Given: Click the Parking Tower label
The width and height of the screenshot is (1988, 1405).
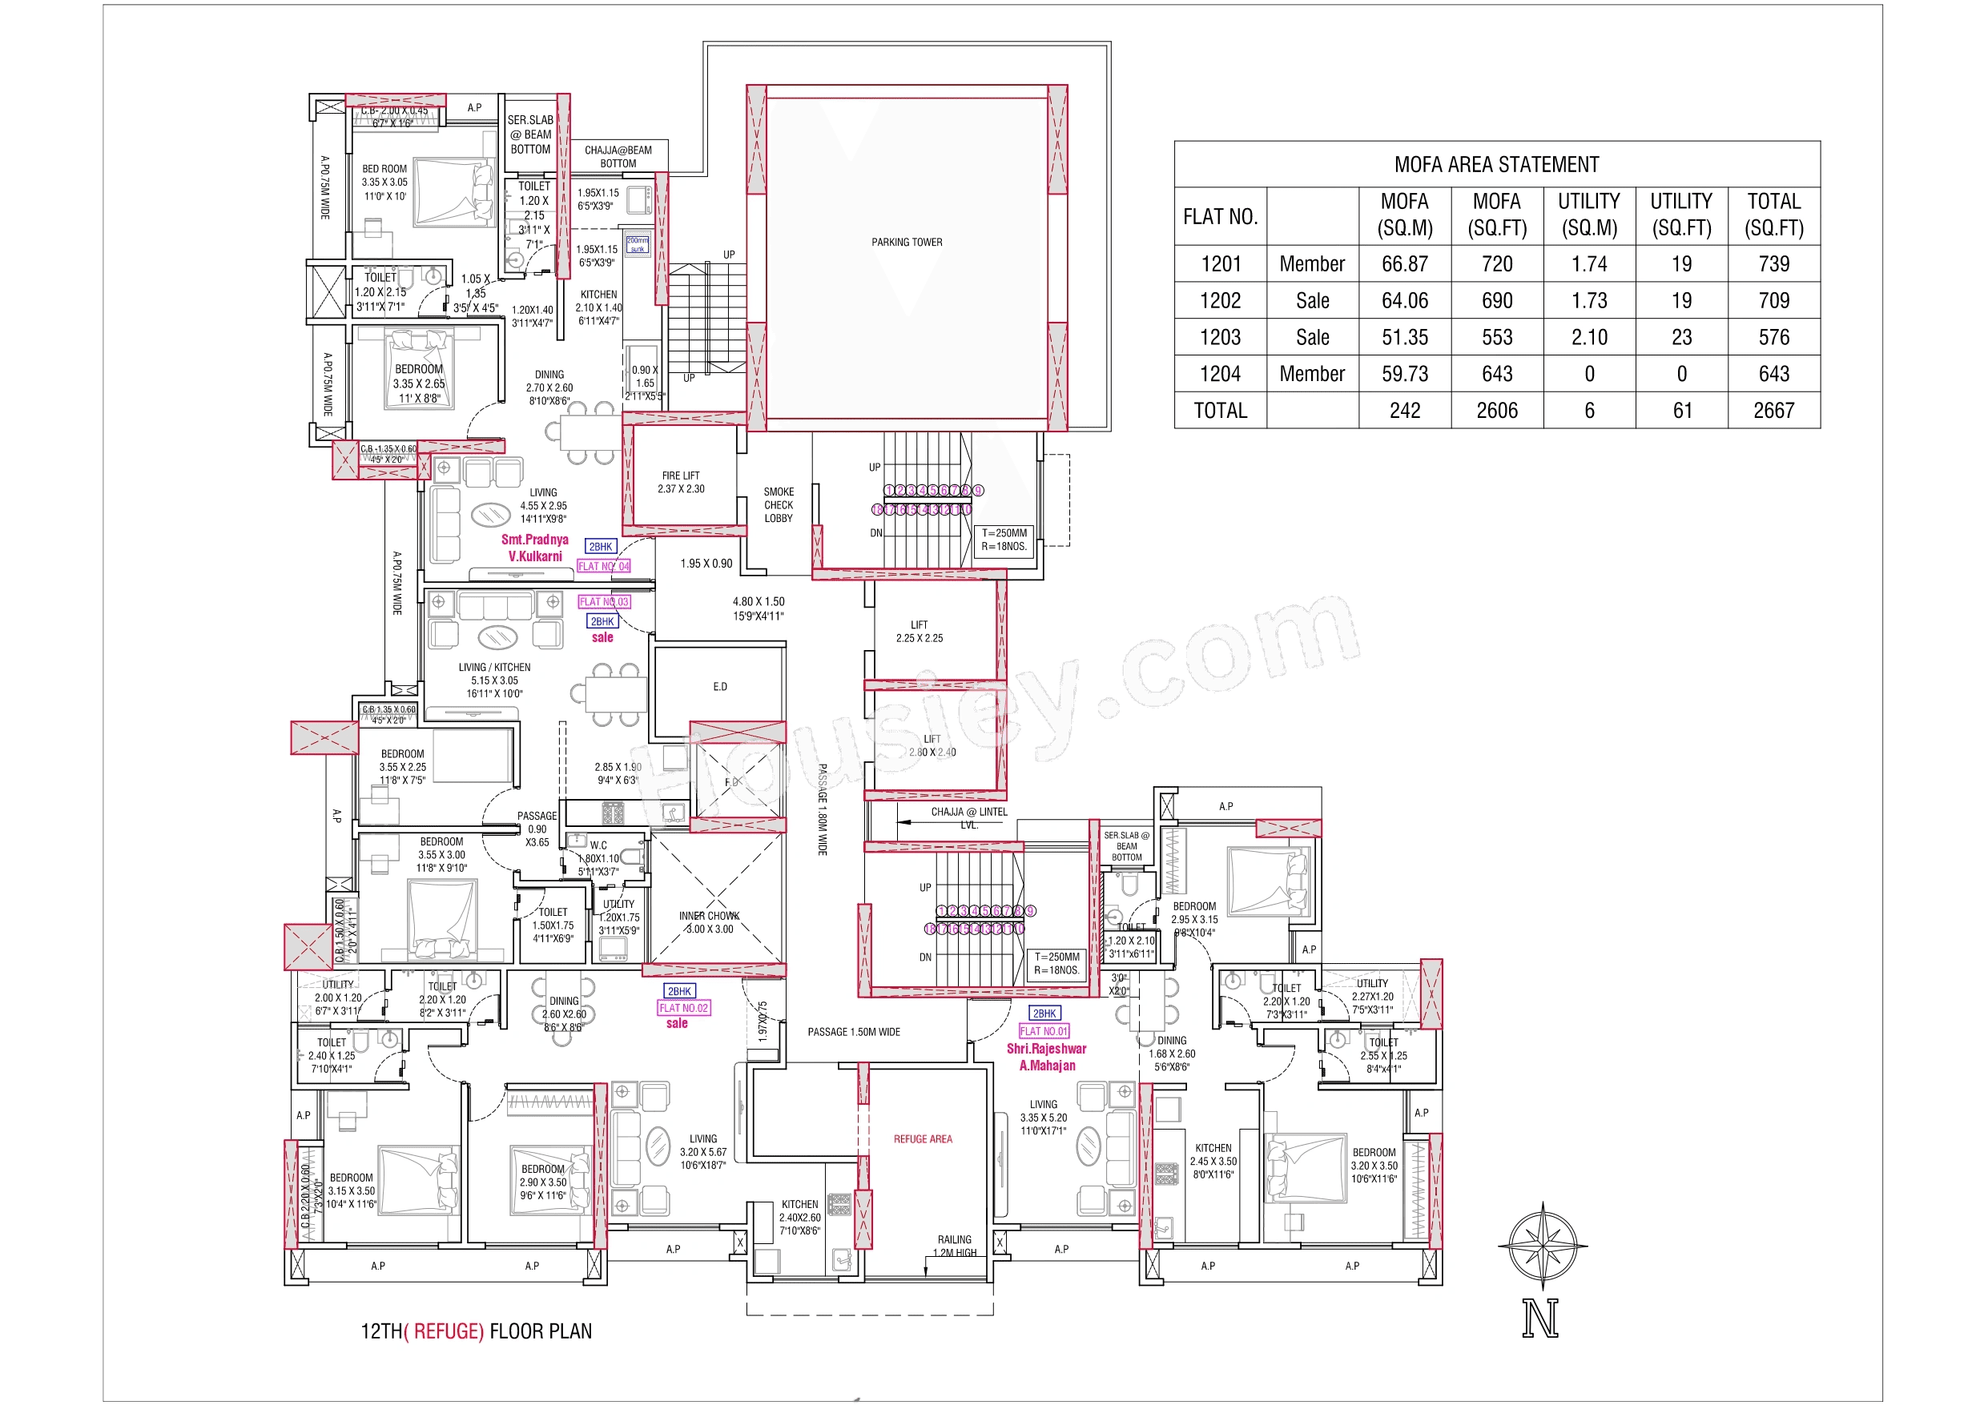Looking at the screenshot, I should click(906, 243).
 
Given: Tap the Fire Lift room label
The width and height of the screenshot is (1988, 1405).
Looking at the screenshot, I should click(681, 482).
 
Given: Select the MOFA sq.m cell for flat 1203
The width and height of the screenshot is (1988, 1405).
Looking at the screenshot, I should click(1404, 338).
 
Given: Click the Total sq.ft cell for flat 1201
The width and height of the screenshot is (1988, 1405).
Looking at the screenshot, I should click(1773, 264).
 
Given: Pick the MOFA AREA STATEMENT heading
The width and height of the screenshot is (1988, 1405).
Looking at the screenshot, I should click(1495, 164).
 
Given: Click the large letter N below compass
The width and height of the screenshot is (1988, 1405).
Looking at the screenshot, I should click(1540, 1319).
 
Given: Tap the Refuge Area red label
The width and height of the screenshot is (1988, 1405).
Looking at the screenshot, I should click(922, 1139).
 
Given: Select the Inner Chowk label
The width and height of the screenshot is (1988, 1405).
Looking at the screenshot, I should click(709, 922).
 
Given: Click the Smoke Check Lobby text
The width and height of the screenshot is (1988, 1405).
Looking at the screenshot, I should click(778, 504).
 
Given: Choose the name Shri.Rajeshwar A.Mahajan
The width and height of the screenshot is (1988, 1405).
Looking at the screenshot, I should click(1046, 1057).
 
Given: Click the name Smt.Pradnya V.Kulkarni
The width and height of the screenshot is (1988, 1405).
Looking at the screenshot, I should click(534, 548).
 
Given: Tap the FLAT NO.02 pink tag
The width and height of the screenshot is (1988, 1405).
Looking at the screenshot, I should click(684, 1008).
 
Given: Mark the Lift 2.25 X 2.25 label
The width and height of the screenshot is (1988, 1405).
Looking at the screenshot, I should click(919, 631).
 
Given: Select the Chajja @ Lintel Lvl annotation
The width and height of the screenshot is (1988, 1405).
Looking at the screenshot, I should click(968, 817).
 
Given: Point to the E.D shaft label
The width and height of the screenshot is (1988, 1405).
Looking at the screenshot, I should click(719, 686).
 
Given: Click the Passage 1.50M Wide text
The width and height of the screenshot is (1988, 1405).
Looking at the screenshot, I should click(853, 1032).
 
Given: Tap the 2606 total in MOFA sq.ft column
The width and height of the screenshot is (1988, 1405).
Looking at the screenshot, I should click(1496, 411).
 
